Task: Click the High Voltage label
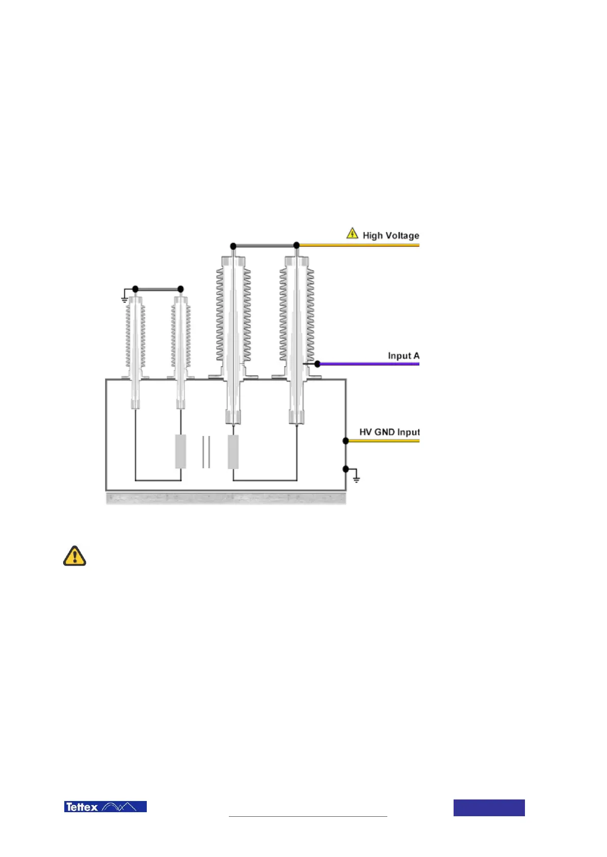pyautogui.click(x=390, y=235)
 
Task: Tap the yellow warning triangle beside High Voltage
pyautogui.click(x=352, y=233)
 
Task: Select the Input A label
pyautogui.click(x=403, y=355)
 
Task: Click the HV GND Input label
pyautogui.click(x=389, y=432)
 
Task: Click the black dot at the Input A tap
pyautogui.click(x=317, y=364)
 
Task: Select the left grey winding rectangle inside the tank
pyautogui.click(x=180, y=451)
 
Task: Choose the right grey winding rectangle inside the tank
pyautogui.click(x=233, y=451)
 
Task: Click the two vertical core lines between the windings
pyautogui.click(x=206, y=452)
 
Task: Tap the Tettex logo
pyautogui.click(x=105, y=807)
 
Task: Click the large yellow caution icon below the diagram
pyautogui.click(x=74, y=556)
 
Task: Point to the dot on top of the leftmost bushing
pyautogui.click(x=135, y=289)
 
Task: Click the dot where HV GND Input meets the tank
pyautogui.click(x=346, y=440)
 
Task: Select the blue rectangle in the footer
pyautogui.click(x=489, y=808)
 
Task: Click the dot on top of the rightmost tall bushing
pyautogui.click(x=297, y=245)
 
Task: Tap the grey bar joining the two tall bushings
pyautogui.click(x=265, y=245)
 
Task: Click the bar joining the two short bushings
pyautogui.click(x=157, y=289)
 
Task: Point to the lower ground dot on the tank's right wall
pyautogui.click(x=346, y=468)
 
